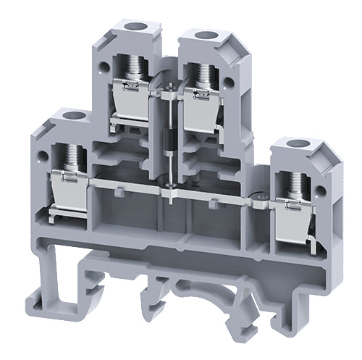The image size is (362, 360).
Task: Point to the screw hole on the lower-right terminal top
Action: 295,143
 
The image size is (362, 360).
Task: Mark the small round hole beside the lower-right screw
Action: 259,194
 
